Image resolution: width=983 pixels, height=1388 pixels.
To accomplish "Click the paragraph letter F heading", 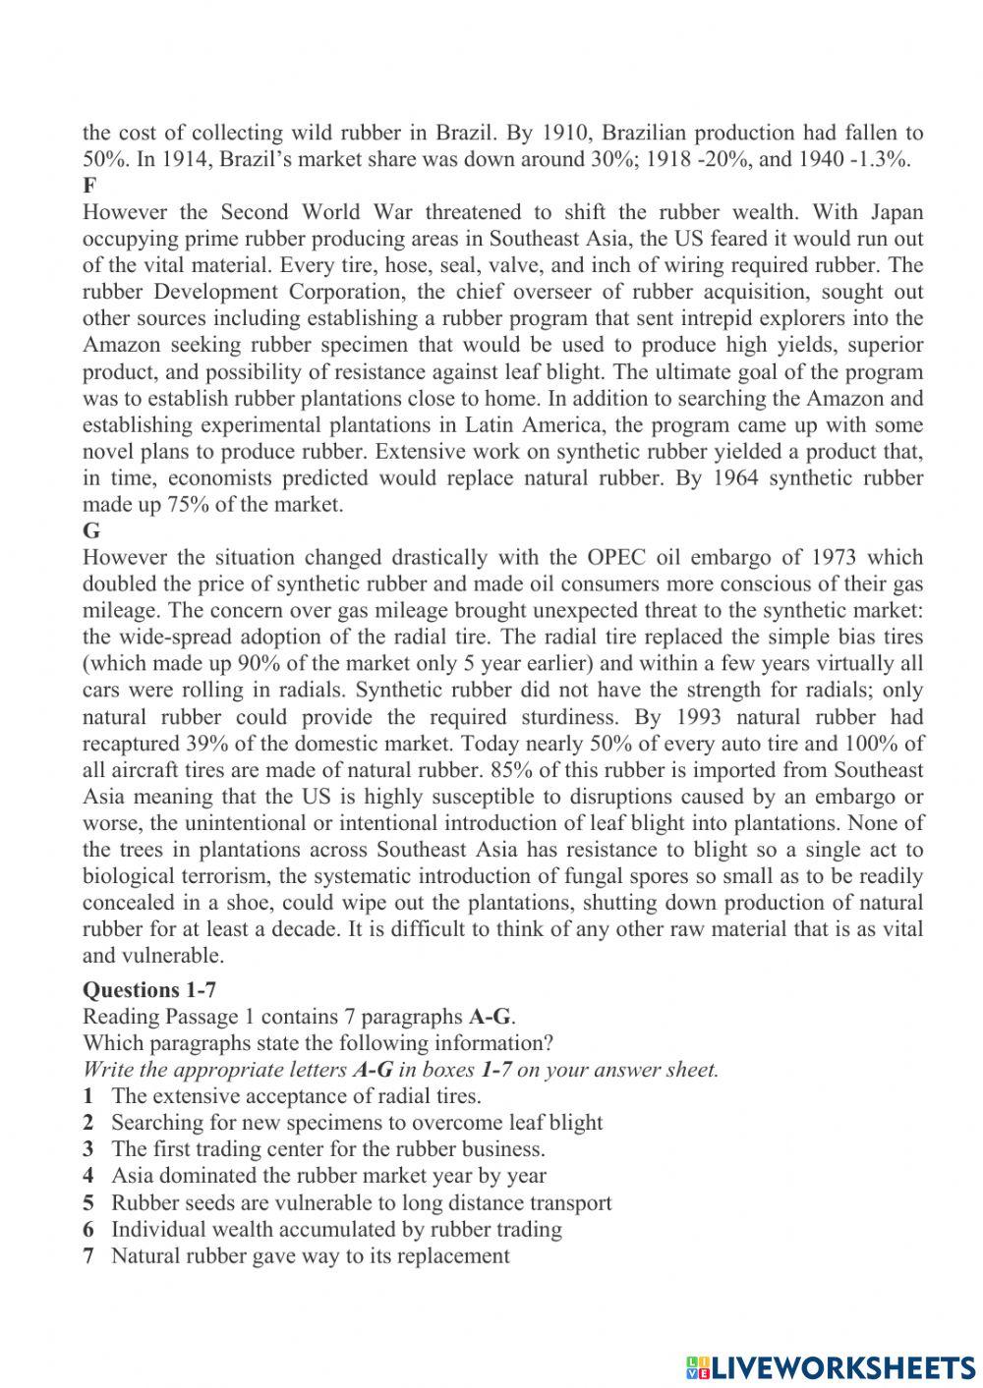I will (89, 186).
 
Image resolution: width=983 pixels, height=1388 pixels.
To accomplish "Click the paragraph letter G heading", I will (90, 531).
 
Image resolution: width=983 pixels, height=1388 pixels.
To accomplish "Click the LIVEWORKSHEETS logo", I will (831, 1365).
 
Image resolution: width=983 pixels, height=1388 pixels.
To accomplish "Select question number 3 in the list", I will (88, 1149).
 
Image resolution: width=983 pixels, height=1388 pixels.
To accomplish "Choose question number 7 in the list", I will (88, 1255).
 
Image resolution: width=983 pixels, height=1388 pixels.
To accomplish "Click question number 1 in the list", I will (88, 1096).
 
